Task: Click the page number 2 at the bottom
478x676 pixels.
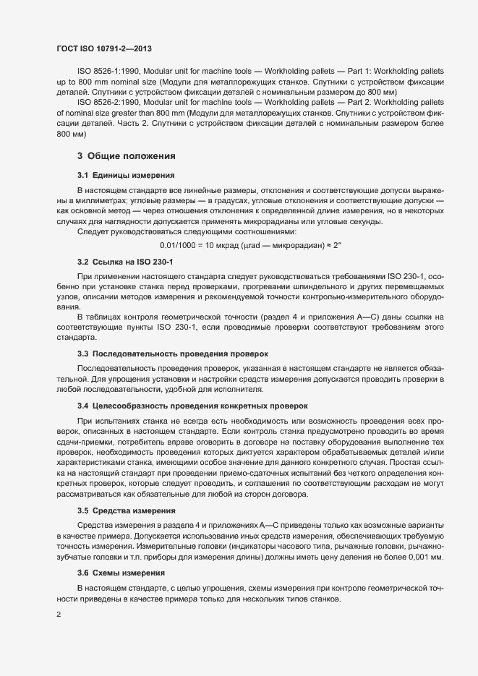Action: coord(59,615)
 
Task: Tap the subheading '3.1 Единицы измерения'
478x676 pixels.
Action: coord(124,176)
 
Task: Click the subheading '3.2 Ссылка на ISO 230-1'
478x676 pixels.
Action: coord(125,260)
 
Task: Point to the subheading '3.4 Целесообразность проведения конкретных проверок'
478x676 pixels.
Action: coord(192,406)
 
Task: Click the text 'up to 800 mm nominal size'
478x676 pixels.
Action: coord(104,83)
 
